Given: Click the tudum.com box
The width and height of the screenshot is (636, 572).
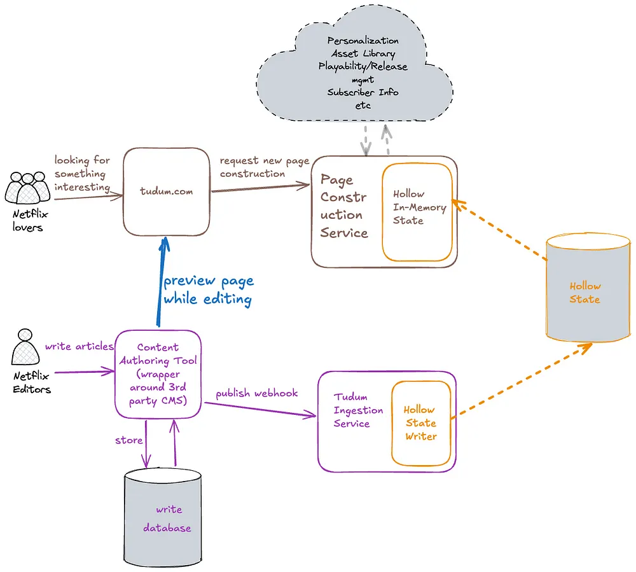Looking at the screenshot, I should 167,192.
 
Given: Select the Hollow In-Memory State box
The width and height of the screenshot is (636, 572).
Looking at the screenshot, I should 417,213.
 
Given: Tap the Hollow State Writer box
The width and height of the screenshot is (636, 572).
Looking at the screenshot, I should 421,423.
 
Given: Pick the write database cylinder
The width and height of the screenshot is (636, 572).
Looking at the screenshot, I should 163,519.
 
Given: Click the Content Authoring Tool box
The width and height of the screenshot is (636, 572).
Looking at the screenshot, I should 158,374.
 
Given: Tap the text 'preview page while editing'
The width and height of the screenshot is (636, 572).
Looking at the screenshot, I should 208,289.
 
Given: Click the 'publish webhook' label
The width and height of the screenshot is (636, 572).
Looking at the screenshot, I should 256,393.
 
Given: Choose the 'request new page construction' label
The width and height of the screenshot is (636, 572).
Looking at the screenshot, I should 264,167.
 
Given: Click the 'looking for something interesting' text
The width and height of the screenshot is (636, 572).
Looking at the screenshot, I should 82,174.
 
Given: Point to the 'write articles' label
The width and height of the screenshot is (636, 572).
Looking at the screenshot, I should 79,347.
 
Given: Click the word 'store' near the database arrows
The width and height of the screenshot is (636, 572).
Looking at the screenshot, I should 127,440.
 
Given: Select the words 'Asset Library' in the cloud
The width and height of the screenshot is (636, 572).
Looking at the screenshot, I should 363,53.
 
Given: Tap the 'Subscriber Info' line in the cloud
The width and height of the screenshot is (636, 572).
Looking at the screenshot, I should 363,92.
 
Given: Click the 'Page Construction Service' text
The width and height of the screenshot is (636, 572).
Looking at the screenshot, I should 344,206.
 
